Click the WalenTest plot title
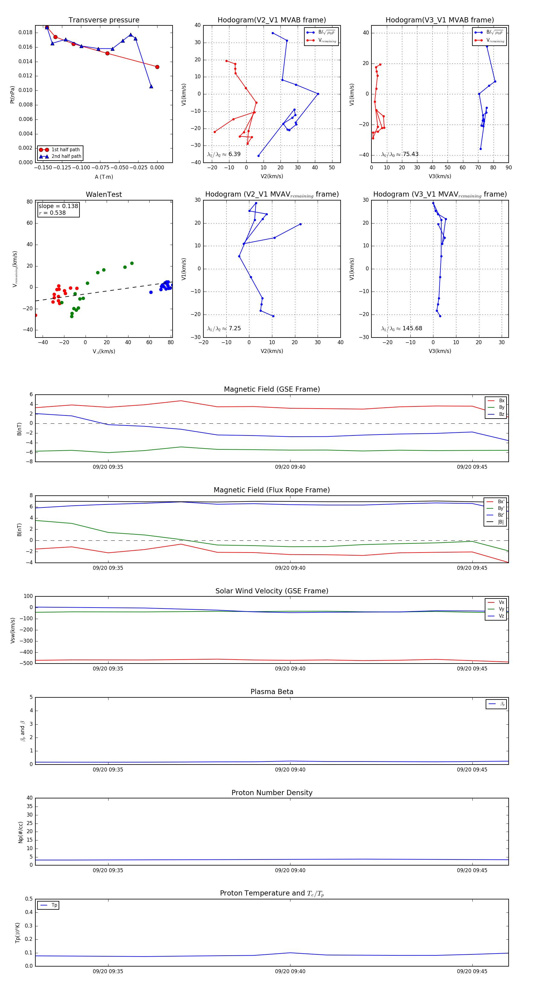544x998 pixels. coord(104,194)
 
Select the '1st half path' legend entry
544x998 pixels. coord(65,149)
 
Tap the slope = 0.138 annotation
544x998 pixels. coord(58,206)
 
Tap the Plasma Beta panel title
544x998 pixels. coord(272,692)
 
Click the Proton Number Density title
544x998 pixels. coord(272,793)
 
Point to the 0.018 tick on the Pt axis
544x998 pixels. coord(26,33)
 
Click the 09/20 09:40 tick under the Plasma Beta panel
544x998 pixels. coord(290,770)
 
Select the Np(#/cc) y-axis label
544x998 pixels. coord(21,832)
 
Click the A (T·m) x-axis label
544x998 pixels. coord(104,177)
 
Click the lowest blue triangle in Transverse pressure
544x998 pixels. coord(151,86)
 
